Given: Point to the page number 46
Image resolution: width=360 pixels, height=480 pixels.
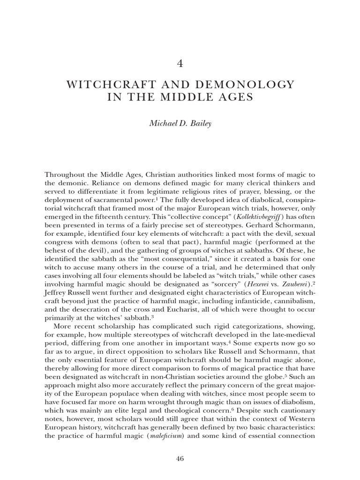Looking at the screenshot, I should pyautogui.click(x=180, y=459).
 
